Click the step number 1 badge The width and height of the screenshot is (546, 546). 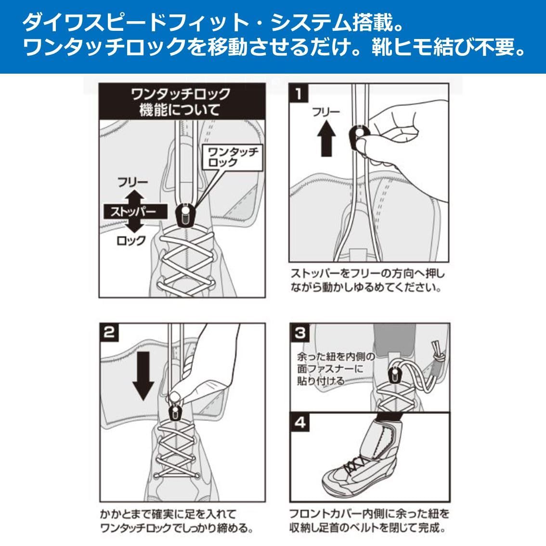(x=299, y=93)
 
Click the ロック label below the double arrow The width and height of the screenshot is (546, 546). (x=131, y=240)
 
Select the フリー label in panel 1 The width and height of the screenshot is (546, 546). (x=326, y=112)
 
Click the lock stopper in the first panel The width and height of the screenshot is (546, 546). (x=184, y=215)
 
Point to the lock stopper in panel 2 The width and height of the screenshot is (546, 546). (x=175, y=413)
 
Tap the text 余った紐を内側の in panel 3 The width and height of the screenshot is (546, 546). (x=336, y=357)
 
